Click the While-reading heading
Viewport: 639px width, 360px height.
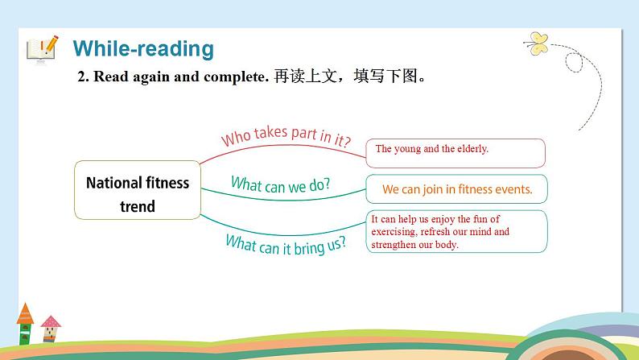coord(143,48)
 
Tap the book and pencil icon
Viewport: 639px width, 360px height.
coord(43,48)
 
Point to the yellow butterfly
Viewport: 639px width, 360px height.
coord(537,41)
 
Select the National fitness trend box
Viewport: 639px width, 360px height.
coord(138,194)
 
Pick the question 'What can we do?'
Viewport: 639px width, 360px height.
coord(280,184)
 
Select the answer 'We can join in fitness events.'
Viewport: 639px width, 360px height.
coord(456,190)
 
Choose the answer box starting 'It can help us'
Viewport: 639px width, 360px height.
coord(456,231)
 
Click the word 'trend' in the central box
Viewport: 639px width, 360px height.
coord(138,206)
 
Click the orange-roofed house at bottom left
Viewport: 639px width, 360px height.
coord(25,322)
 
